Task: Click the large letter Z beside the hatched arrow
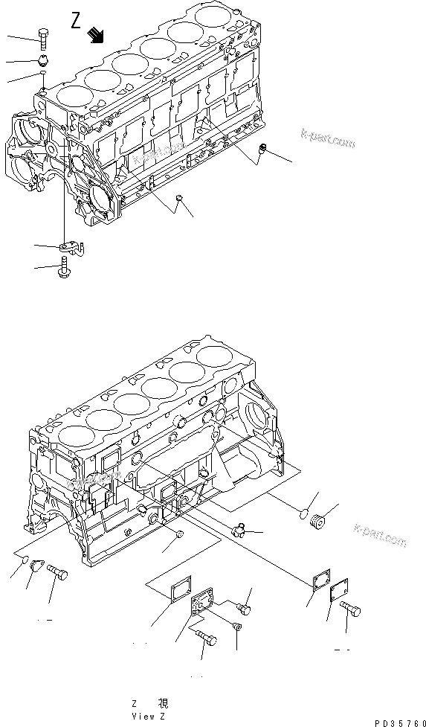point(76,21)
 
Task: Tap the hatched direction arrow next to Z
point(95,33)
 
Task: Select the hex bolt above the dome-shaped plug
point(42,35)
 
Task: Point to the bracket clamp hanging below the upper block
point(71,245)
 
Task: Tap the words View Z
point(149,716)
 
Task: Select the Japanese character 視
point(164,703)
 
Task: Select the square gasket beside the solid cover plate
point(320,578)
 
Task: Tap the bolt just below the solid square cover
point(352,612)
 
